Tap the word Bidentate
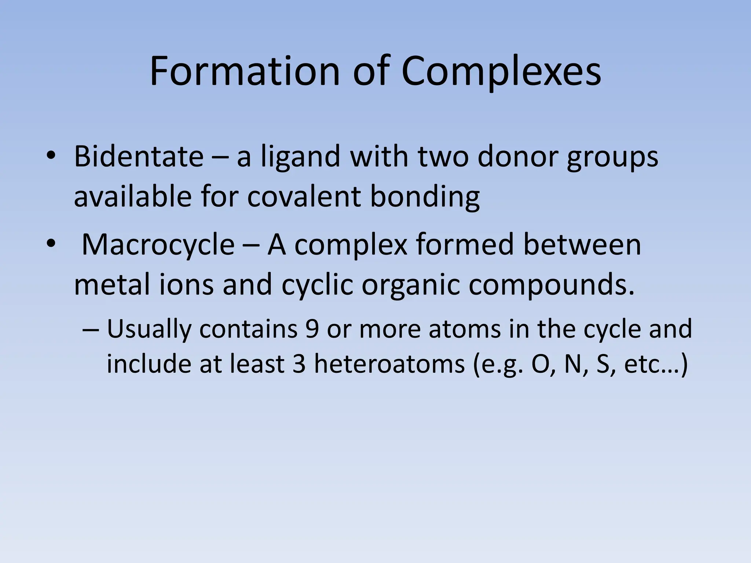(x=139, y=157)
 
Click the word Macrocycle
(x=158, y=244)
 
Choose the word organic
(x=411, y=285)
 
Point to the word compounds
(x=552, y=285)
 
